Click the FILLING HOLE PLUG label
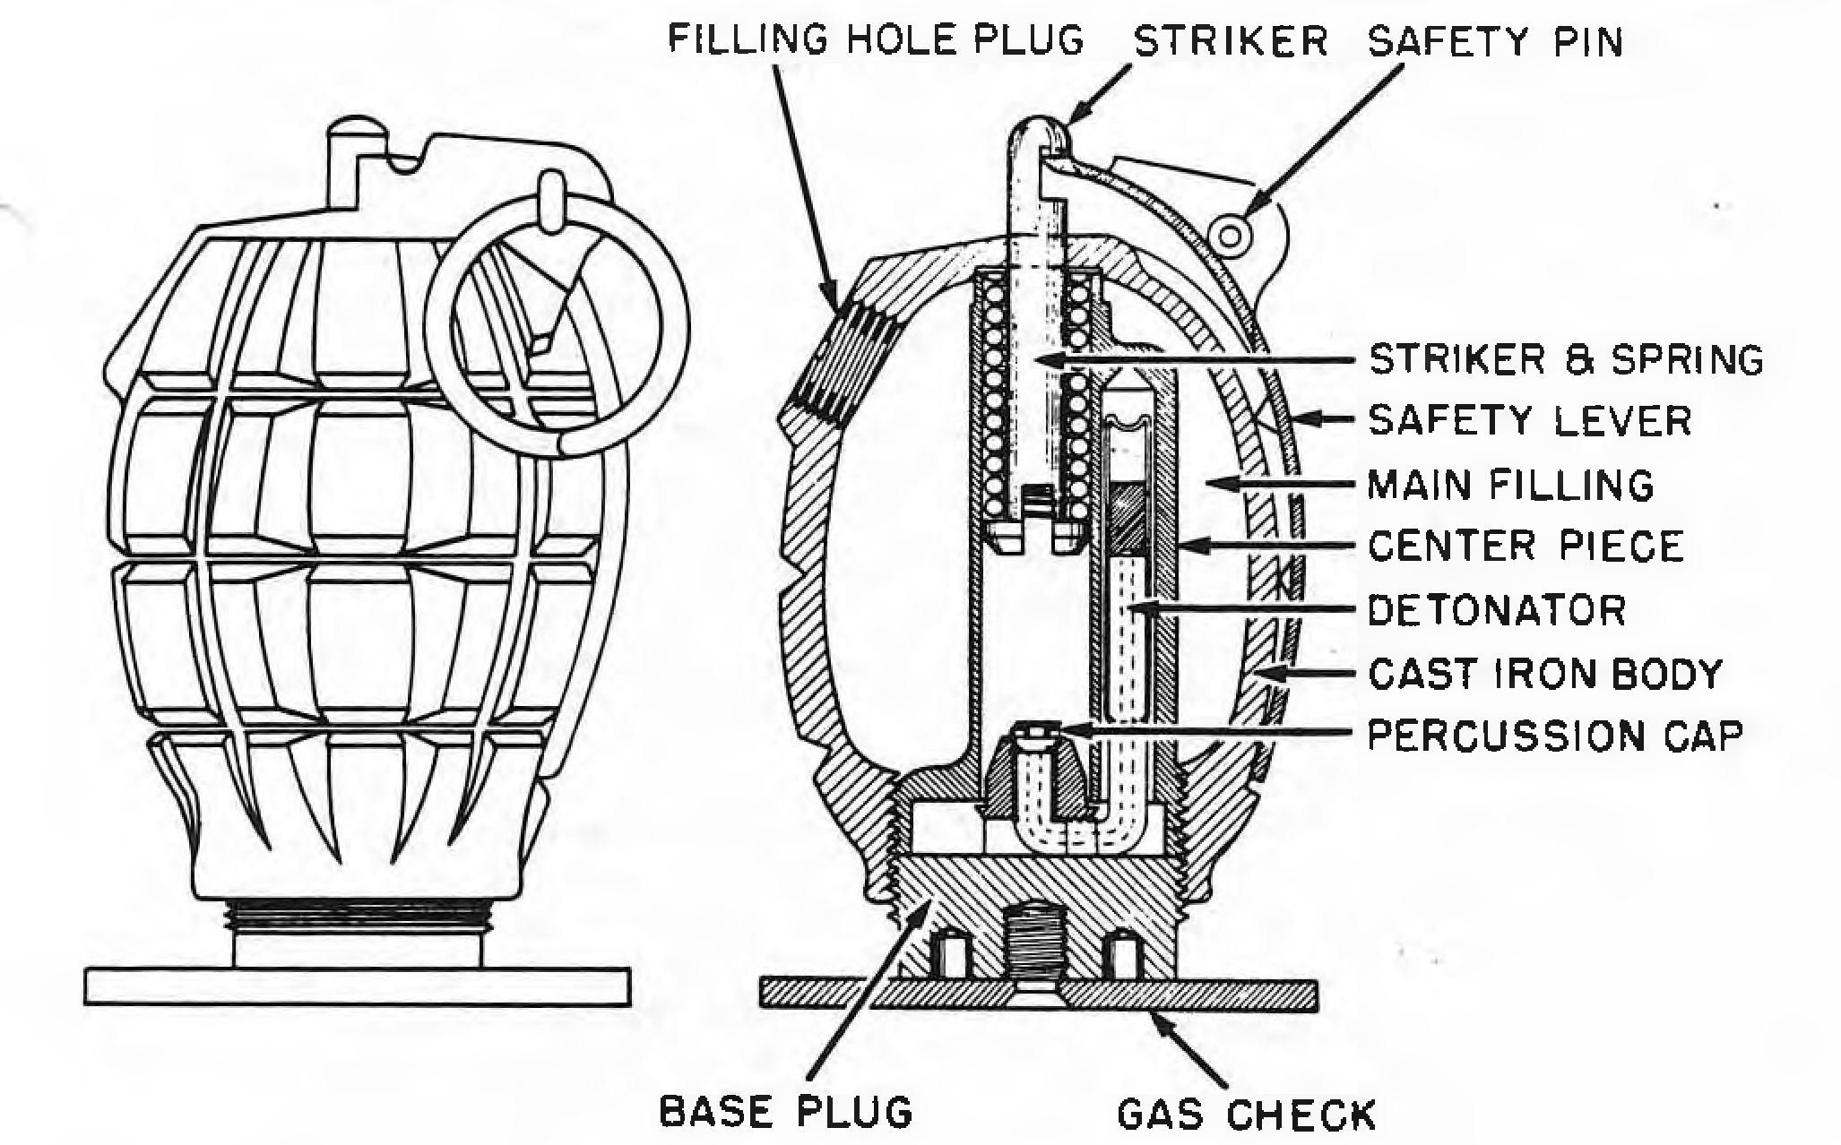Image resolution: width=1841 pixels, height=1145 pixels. click(x=876, y=40)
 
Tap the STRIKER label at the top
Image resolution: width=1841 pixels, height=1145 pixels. click(x=1231, y=41)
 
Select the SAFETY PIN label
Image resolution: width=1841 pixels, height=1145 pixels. click(x=1495, y=41)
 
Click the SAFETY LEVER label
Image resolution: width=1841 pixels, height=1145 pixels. click(x=1530, y=420)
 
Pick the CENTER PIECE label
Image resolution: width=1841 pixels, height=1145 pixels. click(x=1526, y=546)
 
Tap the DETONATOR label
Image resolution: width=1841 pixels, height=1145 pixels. click(x=1498, y=609)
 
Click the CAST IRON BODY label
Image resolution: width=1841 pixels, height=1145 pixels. click(x=1545, y=673)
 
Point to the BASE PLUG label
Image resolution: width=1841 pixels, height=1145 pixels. click(x=786, y=1111)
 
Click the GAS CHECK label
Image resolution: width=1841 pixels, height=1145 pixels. click(x=1246, y=1114)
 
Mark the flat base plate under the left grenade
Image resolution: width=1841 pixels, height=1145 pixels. click(x=357, y=986)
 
